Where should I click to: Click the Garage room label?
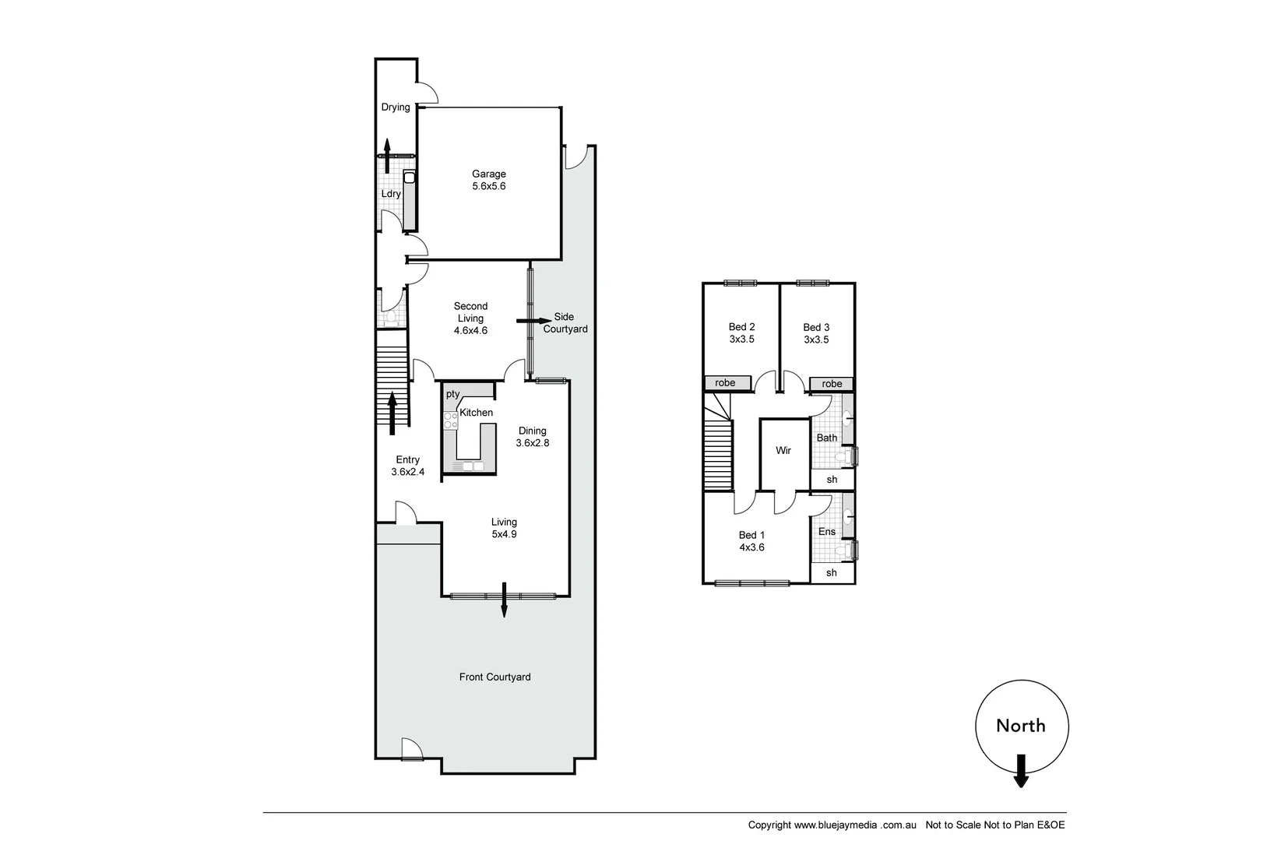click(x=488, y=180)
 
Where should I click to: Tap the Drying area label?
click(x=396, y=107)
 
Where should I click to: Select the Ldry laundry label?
click(x=391, y=194)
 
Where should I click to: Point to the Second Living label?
click(x=470, y=318)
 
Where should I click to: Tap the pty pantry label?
click(x=452, y=394)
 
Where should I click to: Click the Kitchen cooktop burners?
click(x=450, y=421)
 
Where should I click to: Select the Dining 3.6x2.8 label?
click(x=533, y=437)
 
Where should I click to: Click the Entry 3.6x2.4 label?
click(x=407, y=466)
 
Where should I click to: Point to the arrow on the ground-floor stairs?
click(x=392, y=413)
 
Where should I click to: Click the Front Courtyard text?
click(x=494, y=677)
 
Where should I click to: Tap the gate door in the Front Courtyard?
click(x=410, y=749)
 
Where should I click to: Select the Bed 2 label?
click(x=741, y=333)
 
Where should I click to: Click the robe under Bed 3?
click(x=832, y=384)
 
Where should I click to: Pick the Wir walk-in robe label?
click(x=783, y=451)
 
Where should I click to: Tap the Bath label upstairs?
click(x=826, y=438)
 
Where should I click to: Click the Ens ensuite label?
click(x=826, y=532)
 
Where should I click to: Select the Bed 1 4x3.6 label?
click(x=751, y=541)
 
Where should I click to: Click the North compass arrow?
click(x=1021, y=770)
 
